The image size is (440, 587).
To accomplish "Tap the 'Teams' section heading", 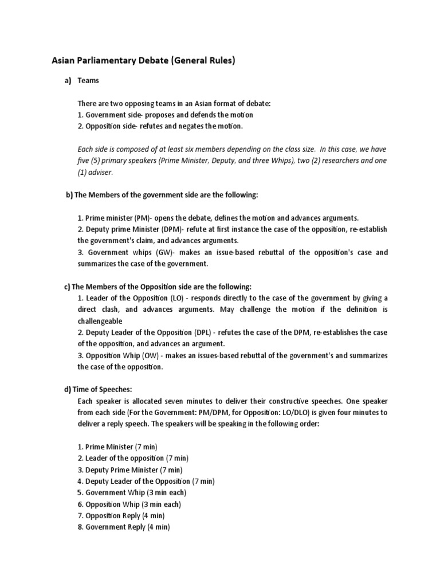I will coord(88,81).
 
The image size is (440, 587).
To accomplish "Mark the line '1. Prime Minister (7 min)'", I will coord(117,447).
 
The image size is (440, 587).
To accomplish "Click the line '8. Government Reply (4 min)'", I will coord(124,527).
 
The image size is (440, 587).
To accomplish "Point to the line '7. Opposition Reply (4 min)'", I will coord(122,515).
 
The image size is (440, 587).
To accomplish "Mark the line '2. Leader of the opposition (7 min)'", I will coord(133,458).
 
